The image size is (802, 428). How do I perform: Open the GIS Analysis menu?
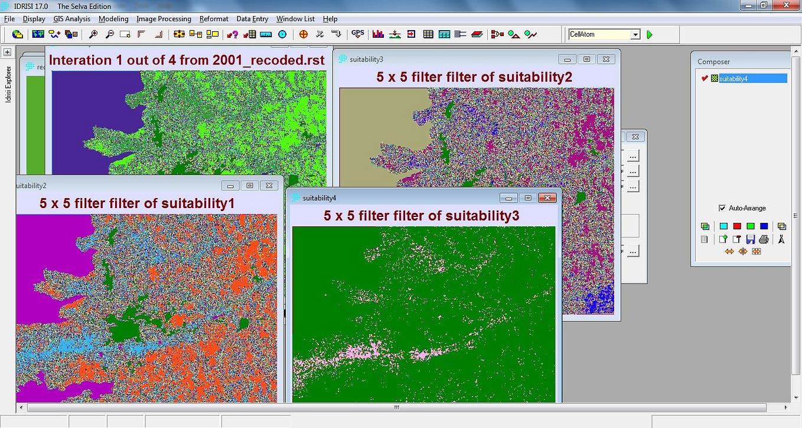[x=71, y=19]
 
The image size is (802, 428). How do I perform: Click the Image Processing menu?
[x=164, y=19]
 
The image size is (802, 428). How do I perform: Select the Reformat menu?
[x=214, y=19]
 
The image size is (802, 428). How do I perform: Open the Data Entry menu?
[x=252, y=19]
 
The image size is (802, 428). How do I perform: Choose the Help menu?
[x=330, y=19]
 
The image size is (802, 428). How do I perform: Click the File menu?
[x=9, y=19]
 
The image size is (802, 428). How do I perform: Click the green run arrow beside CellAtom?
[x=650, y=35]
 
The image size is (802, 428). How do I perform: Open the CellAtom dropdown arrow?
[x=635, y=35]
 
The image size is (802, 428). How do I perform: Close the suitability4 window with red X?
[x=547, y=198]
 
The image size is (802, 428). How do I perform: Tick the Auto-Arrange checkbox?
[x=722, y=208]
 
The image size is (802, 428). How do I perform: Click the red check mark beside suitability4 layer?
[x=704, y=79]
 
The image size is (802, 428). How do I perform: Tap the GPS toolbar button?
[x=358, y=34]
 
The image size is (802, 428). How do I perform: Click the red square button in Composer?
[x=736, y=226]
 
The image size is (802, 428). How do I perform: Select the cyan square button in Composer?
[x=723, y=226]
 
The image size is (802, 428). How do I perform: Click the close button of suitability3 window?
[x=605, y=59]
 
